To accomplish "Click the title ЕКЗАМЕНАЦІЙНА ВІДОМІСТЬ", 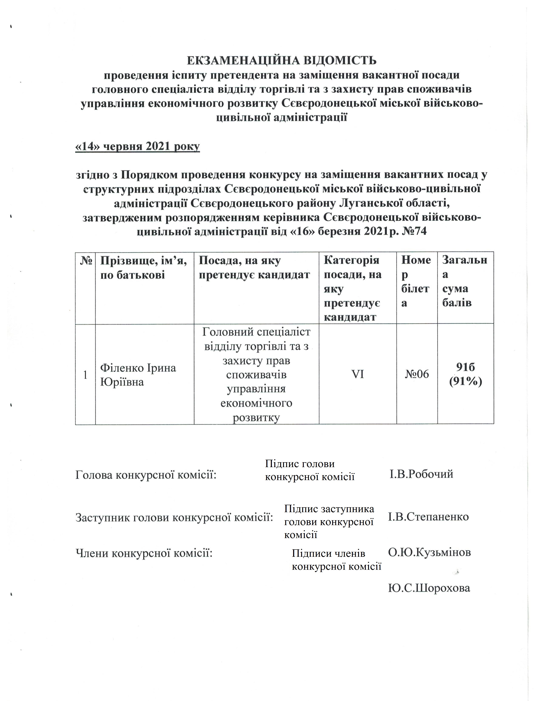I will pyautogui.click(x=282, y=60).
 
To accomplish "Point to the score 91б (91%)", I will pyautogui.click(x=465, y=374).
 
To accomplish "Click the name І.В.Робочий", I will pyautogui.click(x=421, y=474).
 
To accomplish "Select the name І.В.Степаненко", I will pyautogui.click(x=428, y=517).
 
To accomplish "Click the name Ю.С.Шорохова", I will pyautogui.click(x=429, y=588).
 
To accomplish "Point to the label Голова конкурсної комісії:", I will pyautogui.click(x=146, y=475).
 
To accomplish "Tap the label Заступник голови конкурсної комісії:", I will pyautogui.click(x=174, y=517).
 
